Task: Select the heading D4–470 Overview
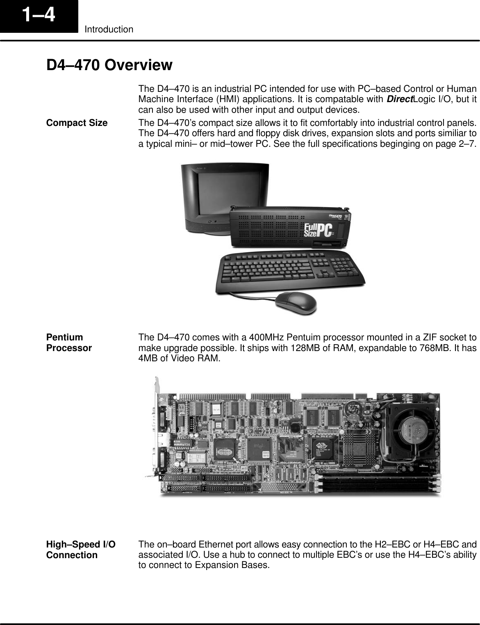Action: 109,65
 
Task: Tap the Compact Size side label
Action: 77,123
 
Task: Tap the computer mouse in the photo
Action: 295,303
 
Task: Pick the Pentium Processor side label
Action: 69,343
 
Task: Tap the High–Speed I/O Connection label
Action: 81,550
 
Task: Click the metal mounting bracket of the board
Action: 156,427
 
